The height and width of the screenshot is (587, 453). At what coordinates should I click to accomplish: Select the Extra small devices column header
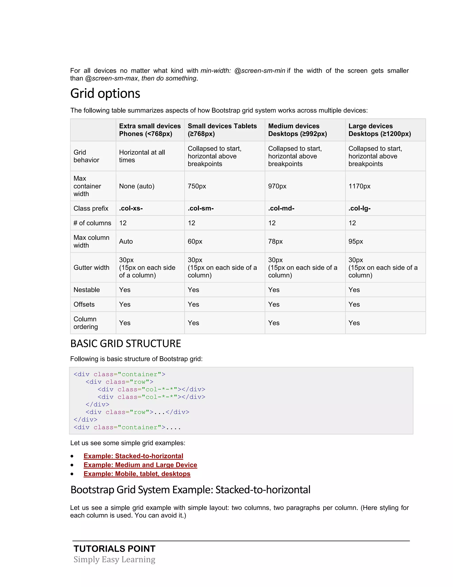point(150,130)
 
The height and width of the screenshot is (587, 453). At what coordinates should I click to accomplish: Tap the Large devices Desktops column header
point(380,130)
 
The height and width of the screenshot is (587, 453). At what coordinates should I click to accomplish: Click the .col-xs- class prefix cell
point(131,208)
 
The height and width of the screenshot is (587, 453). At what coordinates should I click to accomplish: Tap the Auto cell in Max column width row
point(126,241)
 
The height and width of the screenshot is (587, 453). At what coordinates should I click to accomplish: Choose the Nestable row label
point(86,290)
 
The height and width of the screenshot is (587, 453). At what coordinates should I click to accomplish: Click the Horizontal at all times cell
point(142,156)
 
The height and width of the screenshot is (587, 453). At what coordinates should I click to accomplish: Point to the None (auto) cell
point(137,186)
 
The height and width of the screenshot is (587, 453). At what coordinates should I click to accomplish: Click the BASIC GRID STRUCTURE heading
point(126,344)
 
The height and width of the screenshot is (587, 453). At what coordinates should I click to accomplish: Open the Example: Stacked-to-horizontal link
point(133,456)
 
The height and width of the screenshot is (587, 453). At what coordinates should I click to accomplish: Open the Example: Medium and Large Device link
point(140,465)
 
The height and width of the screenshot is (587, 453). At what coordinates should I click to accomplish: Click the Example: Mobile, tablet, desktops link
point(137,474)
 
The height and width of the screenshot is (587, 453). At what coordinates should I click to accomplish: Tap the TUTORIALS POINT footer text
point(115,548)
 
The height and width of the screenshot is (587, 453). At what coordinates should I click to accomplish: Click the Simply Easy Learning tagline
point(114,559)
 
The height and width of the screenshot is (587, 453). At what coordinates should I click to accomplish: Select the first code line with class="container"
point(119,374)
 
